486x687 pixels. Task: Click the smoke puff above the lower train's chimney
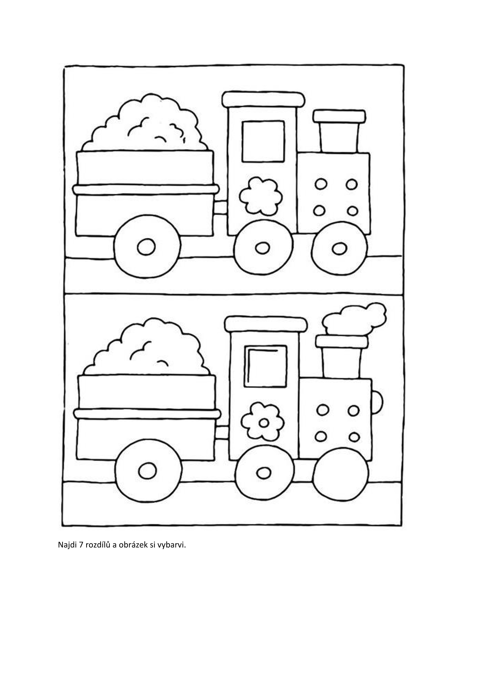click(354, 318)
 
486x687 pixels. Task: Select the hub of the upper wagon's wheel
click(146, 247)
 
